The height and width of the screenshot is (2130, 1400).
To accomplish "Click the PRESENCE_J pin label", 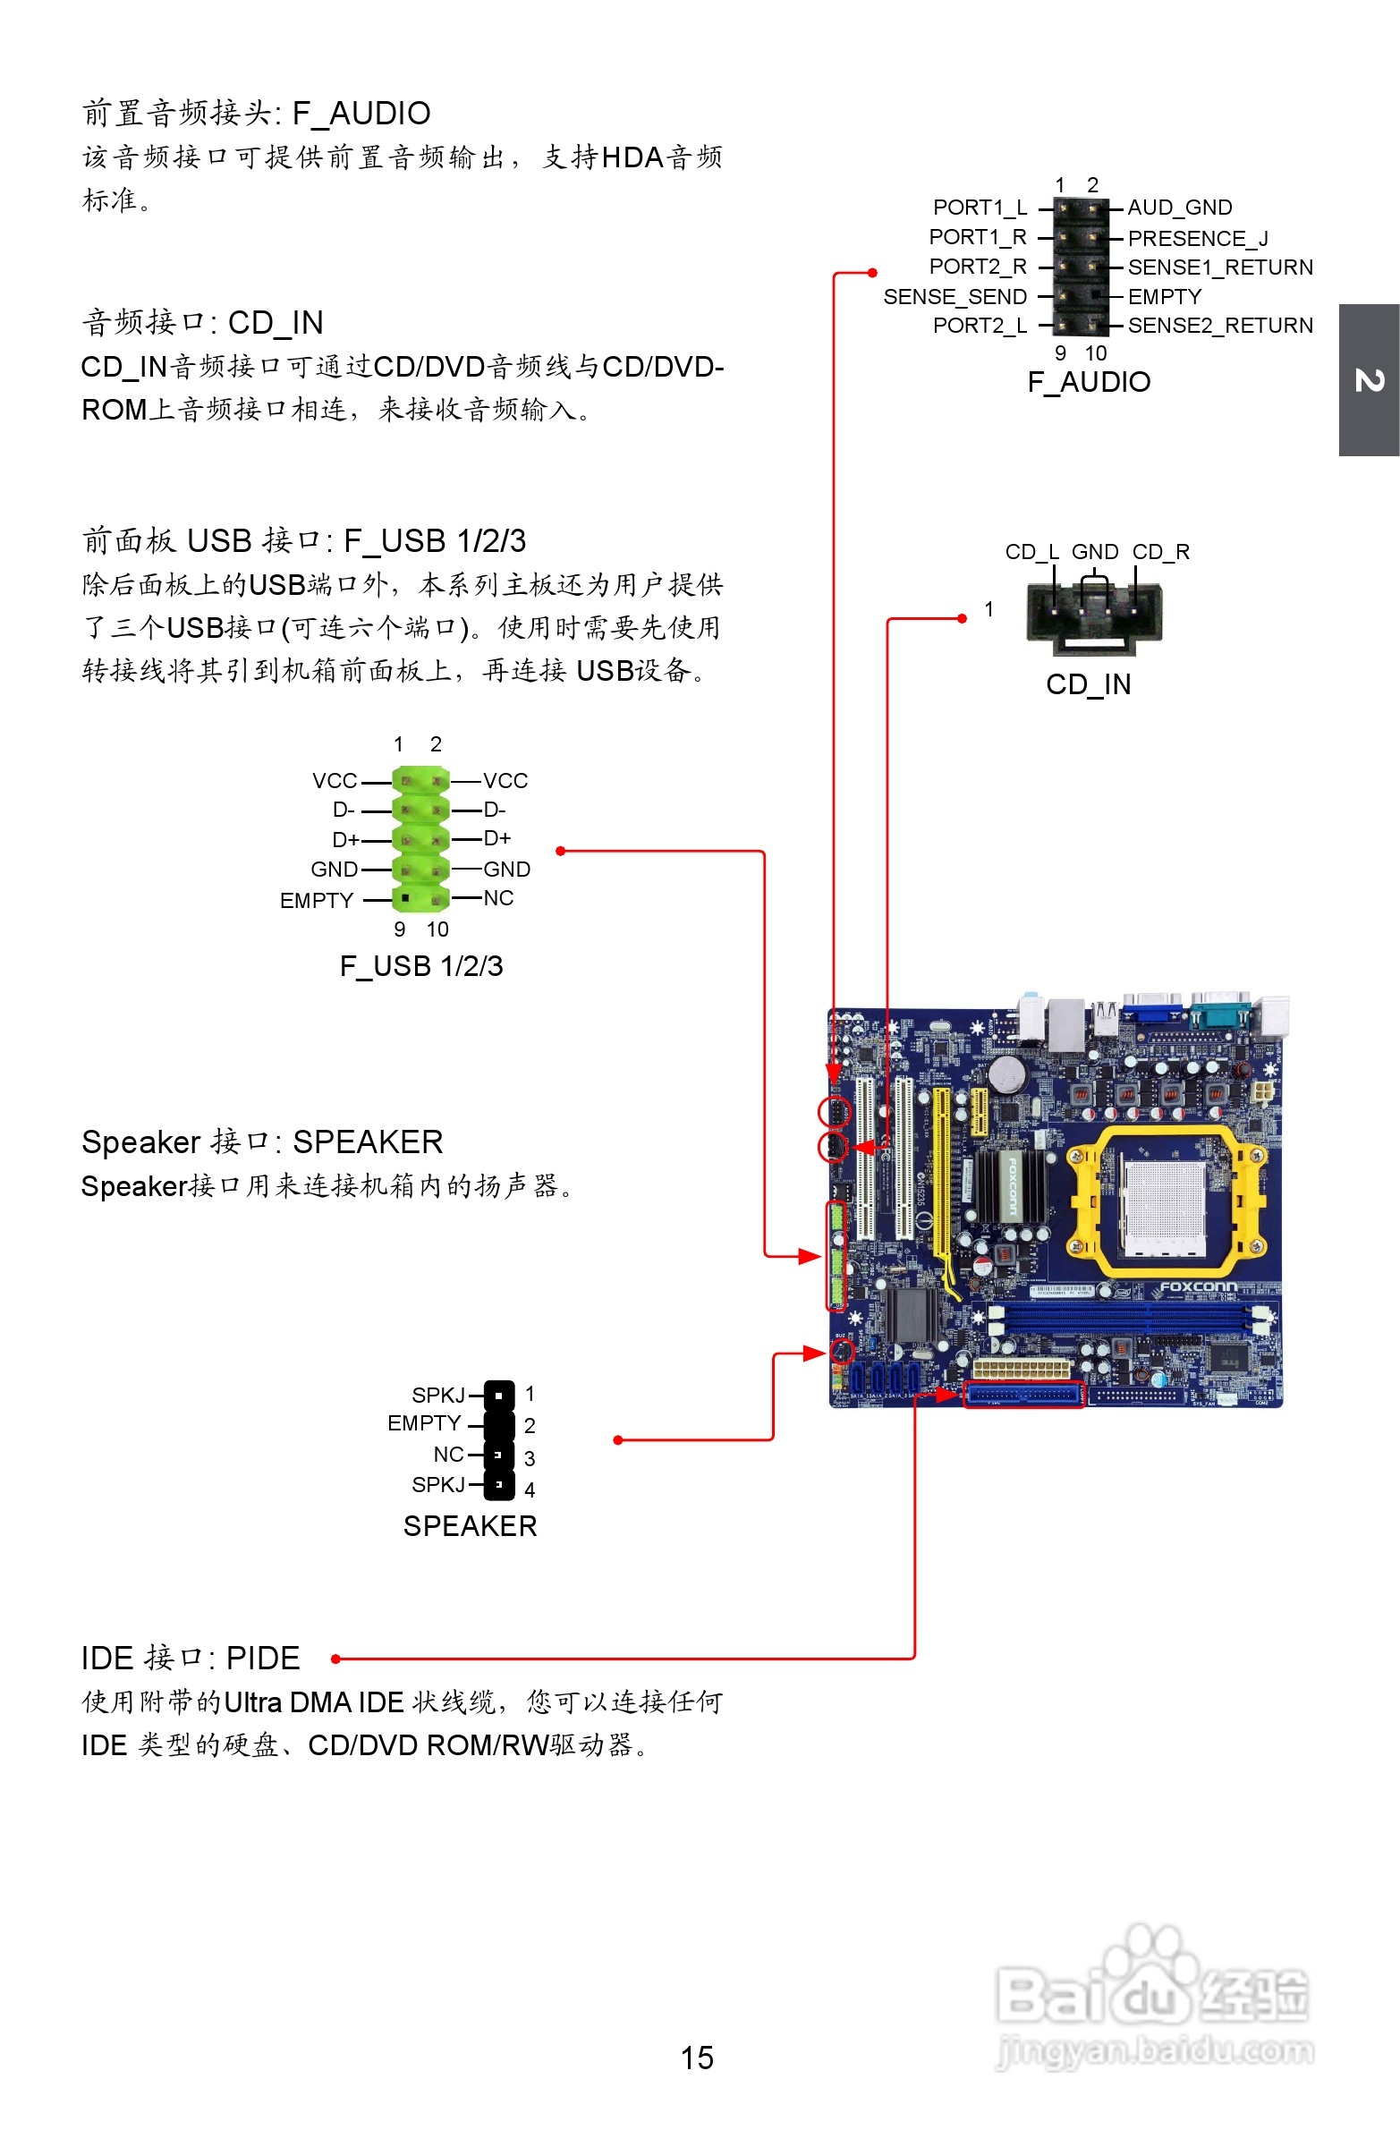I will coord(1197,238).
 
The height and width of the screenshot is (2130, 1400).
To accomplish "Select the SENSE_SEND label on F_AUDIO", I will coord(955,296).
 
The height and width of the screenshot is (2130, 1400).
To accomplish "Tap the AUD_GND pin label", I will coord(1179,208).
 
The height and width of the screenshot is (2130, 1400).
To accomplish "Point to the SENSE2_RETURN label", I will coord(1219,326).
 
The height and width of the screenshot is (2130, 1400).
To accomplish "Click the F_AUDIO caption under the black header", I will coord(1089,382).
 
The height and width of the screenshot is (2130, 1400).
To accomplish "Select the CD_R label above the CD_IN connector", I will coord(1160,551).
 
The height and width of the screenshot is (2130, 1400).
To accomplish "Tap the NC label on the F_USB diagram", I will coord(498,897).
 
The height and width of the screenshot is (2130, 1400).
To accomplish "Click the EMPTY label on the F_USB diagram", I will coord(317,900).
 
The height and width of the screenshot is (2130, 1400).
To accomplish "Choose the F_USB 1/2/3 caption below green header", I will coord(420,965).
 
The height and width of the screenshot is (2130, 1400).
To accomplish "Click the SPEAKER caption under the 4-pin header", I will coord(469,1526).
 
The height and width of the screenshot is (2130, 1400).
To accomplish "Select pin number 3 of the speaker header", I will coord(530,1458).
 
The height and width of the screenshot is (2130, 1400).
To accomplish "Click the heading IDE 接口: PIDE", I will coord(191,1659).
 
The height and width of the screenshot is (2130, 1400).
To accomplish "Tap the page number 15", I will coord(696,2058).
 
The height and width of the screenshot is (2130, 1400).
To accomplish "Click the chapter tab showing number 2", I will coord(1369,380).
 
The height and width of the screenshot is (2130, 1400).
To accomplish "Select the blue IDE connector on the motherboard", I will coord(1023,1395).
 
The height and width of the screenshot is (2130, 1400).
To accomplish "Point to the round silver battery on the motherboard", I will coord(1006,1073).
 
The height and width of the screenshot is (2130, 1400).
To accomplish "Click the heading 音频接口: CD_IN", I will coord(202,323).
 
